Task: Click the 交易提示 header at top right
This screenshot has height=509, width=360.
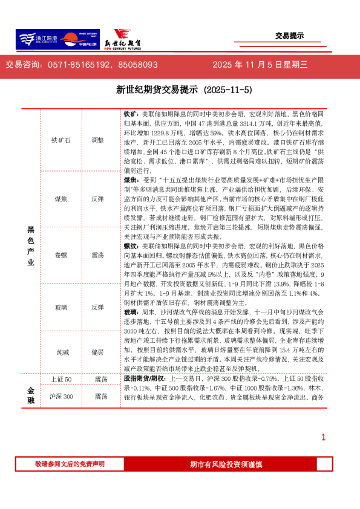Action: [x=289, y=36]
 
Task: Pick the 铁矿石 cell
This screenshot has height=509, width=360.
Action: [x=61, y=140]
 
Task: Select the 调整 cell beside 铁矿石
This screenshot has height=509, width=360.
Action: [x=97, y=140]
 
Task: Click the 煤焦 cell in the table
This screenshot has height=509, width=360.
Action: [x=61, y=198]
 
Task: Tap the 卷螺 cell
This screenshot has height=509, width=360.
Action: [x=61, y=255]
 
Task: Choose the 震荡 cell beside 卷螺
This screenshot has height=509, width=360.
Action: [x=97, y=255]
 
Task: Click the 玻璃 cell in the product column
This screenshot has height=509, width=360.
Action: [x=61, y=307]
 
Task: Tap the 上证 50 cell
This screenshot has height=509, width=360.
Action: [x=61, y=379]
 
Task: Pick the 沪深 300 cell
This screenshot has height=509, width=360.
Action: [x=61, y=397]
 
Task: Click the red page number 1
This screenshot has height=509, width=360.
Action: [x=324, y=438]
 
